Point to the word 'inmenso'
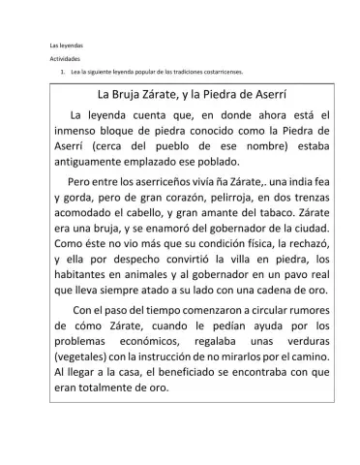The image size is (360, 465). pyautogui.click(x=80, y=131)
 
